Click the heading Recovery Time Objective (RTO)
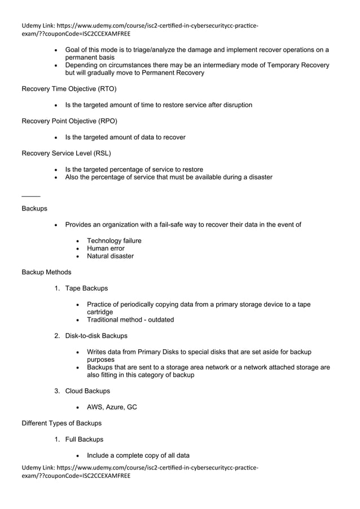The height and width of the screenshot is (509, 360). pyautogui.click(x=69, y=89)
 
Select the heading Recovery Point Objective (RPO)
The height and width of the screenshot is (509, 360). pyautogui.click(x=69, y=121)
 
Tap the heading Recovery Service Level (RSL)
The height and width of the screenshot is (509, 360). pyautogui.click(x=66, y=153)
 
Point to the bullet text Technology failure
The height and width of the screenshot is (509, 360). pyautogui.click(x=114, y=241)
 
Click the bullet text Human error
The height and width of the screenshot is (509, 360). pyautogui.click(x=106, y=248)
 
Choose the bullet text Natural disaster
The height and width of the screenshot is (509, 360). pyautogui.click(x=110, y=256)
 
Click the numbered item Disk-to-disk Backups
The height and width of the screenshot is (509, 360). pyautogui.click(x=96, y=336)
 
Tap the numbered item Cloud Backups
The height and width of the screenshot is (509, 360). pyautogui.click(x=87, y=391)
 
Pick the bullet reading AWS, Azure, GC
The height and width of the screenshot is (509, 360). pyautogui.click(x=112, y=407)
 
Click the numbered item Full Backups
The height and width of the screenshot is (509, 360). pyautogui.click(x=84, y=439)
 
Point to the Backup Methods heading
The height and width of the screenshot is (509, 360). pyautogui.click(x=46, y=272)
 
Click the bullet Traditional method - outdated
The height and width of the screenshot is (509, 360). pyautogui.click(x=130, y=320)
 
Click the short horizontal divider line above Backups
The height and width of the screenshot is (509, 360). pyautogui.click(x=30, y=196)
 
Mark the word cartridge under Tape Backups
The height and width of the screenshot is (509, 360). pyautogui.click(x=100, y=312)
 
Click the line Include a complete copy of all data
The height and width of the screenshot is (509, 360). pyautogui.click(x=138, y=455)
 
